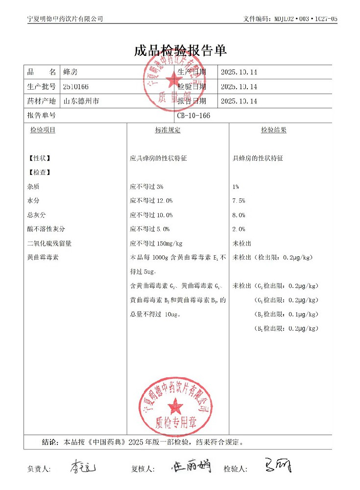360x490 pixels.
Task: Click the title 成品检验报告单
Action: point(180,51)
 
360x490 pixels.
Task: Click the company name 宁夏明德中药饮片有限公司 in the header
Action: point(65,19)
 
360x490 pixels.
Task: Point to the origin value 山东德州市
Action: point(81,101)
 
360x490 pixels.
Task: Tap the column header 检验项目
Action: point(43,130)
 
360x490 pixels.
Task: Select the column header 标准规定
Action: point(168,130)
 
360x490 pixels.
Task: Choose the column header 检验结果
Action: point(273,130)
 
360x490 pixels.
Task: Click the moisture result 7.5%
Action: point(239,201)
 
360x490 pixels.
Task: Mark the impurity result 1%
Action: point(236,187)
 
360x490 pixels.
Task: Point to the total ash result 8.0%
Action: point(239,215)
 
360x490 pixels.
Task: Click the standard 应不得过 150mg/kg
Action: point(156,243)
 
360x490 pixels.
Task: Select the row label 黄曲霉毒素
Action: point(43,257)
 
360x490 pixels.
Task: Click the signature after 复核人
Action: point(191,467)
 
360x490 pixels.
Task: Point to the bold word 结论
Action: point(50,441)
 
